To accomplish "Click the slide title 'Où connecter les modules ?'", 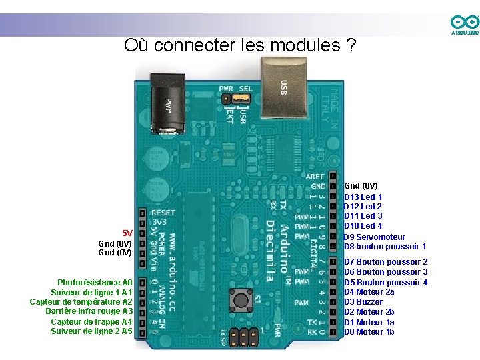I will point(240,45).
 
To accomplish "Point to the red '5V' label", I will point(127,233).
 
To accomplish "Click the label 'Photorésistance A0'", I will point(95,283).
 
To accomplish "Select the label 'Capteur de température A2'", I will point(81,302).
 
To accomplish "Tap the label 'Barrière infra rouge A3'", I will point(89,311).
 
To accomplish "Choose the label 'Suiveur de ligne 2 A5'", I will point(92,331).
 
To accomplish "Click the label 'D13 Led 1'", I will point(363,197).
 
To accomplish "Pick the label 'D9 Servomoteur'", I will point(374,237).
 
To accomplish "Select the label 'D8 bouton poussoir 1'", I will point(385,247).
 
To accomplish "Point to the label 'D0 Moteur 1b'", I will point(369,331).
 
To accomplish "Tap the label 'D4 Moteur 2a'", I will point(369,292).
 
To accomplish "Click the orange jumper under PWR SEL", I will point(241,99).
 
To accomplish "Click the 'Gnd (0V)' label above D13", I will point(361,185).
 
